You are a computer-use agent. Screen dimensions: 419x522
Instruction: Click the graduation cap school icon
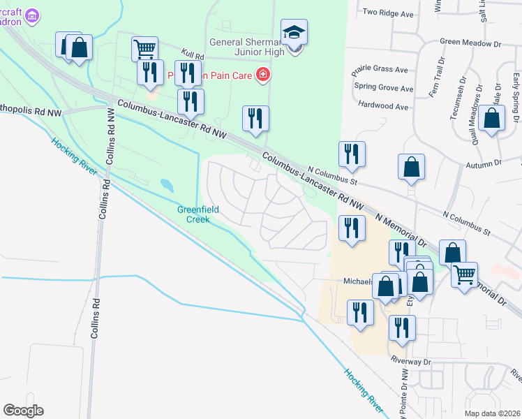(x=294, y=32)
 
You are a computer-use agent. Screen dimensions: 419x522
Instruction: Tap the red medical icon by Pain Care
(x=263, y=74)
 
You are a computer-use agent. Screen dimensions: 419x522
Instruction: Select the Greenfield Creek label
(x=198, y=214)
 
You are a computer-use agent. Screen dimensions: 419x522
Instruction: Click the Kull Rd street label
(x=191, y=54)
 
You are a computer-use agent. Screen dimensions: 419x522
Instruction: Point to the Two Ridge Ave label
(x=389, y=12)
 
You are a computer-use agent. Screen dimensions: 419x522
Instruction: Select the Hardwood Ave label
(x=382, y=106)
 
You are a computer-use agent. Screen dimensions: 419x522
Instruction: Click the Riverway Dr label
(x=411, y=362)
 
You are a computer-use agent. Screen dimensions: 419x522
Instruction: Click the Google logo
(x=23, y=411)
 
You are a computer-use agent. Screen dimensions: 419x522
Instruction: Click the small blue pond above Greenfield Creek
(x=167, y=185)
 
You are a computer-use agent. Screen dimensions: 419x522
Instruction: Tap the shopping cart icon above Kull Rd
(x=144, y=49)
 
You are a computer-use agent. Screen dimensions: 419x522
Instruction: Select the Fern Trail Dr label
(x=433, y=81)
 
